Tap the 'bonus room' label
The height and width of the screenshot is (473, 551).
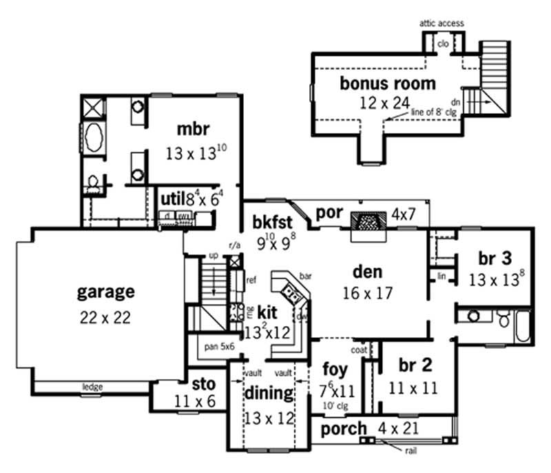[x=388, y=84]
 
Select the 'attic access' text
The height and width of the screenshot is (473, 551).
[x=441, y=23]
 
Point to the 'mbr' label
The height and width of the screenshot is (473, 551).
[x=187, y=128]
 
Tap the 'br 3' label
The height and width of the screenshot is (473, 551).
[x=495, y=259]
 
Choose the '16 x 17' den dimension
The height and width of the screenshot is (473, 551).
[x=368, y=292]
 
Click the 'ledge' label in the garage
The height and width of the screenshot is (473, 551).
[x=93, y=387]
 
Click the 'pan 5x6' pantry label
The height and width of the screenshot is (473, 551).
[x=220, y=347]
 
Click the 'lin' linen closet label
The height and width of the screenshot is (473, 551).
[x=441, y=276]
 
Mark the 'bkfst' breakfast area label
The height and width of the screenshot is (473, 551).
[x=272, y=221]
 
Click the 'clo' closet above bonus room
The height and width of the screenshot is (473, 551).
[x=444, y=43]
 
